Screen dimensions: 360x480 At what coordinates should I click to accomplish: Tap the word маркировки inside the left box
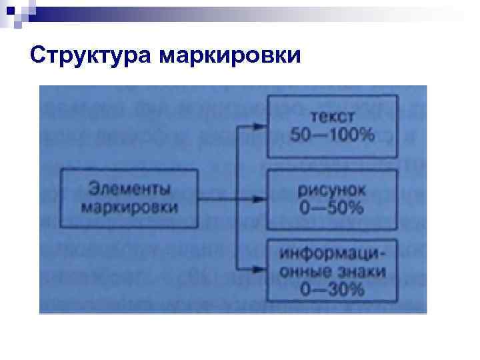[x=129, y=207]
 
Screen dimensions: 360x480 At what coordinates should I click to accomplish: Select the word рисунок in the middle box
[x=331, y=189]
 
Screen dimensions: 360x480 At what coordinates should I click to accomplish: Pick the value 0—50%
[x=331, y=208]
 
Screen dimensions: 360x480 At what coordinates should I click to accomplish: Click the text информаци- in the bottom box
[x=332, y=253]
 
